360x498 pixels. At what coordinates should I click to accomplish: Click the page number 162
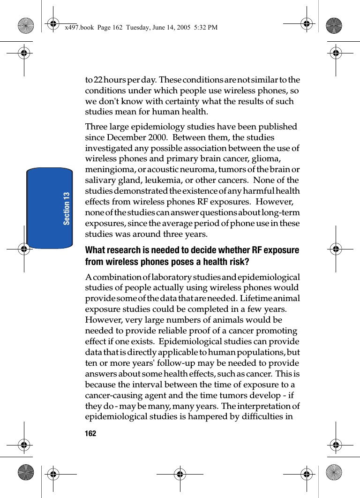pyautogui.click(x=90, y=434)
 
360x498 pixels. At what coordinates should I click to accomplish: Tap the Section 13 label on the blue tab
pyautogui.click(x=67, y=208)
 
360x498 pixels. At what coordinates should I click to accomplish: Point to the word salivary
pyautogui.click(x=101, y=181)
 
